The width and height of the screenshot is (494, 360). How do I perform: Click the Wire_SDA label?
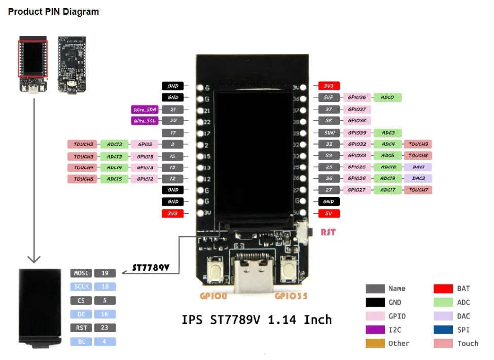pyautogui.click(x=144, y=110)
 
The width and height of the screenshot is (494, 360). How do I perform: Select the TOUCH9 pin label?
pyautogui.click(x=418, y=144)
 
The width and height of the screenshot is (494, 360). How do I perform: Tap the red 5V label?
pyautogui.click(x=329, y=213)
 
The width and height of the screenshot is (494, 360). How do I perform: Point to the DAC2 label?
pyautogui.click(x=418, y=178)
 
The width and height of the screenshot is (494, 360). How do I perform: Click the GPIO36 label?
pyautogui.click(x=357, y=97)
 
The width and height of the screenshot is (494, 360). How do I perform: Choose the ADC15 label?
pyautogui.click(x=114, y=178)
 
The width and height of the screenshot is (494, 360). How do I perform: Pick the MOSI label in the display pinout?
pyautogui.click(x=81, y=273)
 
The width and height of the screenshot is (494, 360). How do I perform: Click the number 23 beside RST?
pyautogui.click(x=105, y=328)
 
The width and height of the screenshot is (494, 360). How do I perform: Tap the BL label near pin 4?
pyautogui.click(x=81, y=342)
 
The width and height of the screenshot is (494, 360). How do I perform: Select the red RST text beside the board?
pyautogui.click(x=328, y=233)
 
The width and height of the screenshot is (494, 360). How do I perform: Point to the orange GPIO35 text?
pyautogui.click(x=291, y=295)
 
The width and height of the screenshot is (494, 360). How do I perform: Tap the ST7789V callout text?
pyautogui.click(x=151, y=267)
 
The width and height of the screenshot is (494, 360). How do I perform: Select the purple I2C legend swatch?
pyautogui.click(x=375, y=330)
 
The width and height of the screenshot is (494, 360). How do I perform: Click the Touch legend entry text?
pyautogui.click(x=467, y=343)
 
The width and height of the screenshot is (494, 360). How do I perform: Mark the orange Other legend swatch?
pyautogui.click(x=375, y=343)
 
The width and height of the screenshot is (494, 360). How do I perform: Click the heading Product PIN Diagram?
pyautogui.click(x=53, y=12)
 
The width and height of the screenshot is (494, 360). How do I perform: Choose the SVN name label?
pyautogui.click(x=329, y=133)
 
